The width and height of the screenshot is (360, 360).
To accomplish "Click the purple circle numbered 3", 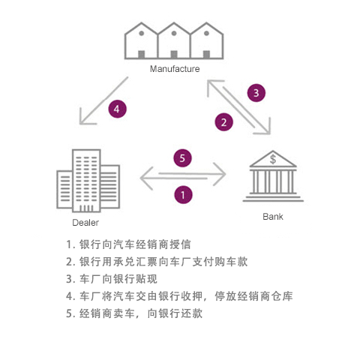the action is [x=256, y=93].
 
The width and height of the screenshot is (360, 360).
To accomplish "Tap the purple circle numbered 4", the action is [x=117, y=109].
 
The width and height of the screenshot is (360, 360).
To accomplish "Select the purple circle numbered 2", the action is [x=224, y=122].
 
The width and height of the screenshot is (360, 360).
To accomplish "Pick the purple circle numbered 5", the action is [x=183, y=158].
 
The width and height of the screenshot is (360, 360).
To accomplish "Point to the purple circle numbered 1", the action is [x=183, y=195].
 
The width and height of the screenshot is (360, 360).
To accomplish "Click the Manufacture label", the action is [x=175, y=69].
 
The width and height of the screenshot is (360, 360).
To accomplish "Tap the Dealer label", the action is [x=85, y=223].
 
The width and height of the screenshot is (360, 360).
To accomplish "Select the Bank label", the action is [x=273, y=217].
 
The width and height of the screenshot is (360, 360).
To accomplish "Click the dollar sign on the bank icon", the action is [x=273, y=159].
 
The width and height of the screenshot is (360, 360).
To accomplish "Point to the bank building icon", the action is [x=273, y=176].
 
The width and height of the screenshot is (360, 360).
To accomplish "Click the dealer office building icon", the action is [x=88, y=181].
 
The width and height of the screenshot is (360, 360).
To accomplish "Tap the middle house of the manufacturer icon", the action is [x=174, y=40].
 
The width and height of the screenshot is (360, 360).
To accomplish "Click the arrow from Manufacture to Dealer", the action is [x=103, y=100].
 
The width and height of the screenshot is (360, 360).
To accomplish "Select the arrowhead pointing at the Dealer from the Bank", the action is [x=146, y=178].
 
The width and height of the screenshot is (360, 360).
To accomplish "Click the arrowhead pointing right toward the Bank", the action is [x=220, y=174].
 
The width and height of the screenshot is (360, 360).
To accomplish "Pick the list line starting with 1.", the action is [x=128, y=244].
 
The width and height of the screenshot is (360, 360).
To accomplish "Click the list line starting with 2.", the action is [x=157, y=262].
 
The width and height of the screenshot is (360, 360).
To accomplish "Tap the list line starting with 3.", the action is [x=112, y=279].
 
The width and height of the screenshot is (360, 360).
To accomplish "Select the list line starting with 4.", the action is [x=179, y=296].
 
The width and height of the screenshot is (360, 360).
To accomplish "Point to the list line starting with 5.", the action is [x=134, y=313].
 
